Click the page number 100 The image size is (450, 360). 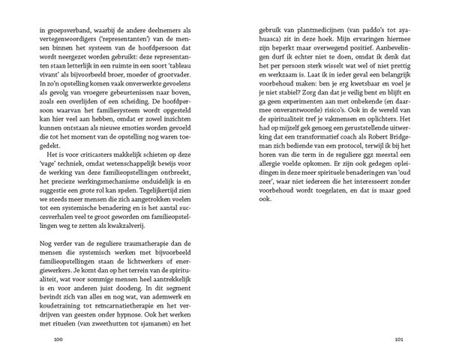click(x=50, y=339)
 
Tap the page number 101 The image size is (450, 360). click(x=399, y=339)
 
